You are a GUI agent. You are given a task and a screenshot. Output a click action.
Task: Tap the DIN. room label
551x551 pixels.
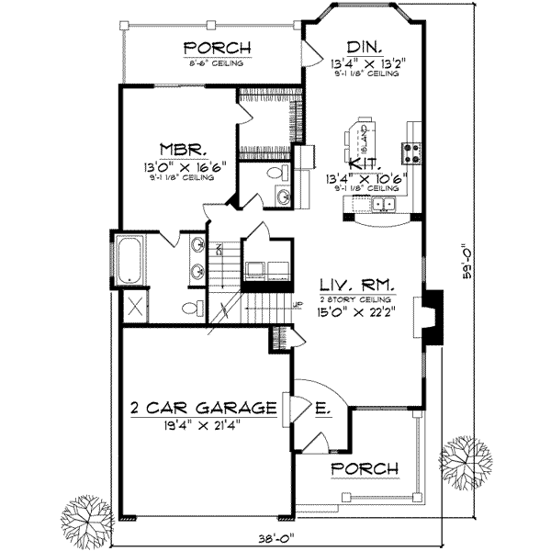pyautogui.click(x=365, y=48)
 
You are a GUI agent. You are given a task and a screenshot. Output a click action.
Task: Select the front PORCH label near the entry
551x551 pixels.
pyautogui.click(x=365, y=468)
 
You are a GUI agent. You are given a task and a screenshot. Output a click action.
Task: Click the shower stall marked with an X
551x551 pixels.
pyautogui.click(x=130, y=307)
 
